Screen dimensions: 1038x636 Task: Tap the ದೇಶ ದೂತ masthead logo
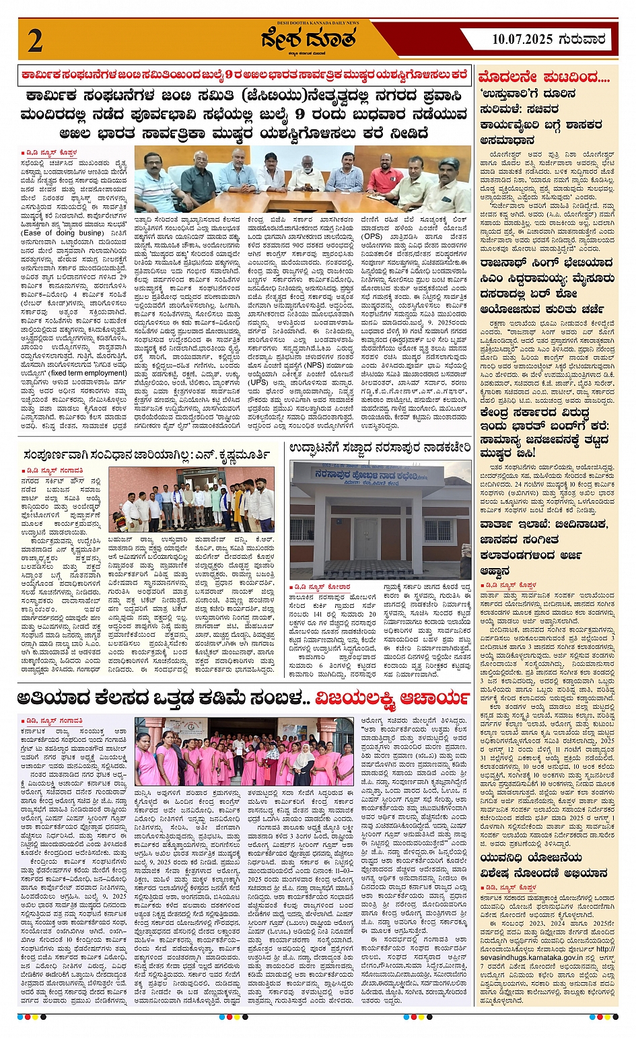[x=319, y=41]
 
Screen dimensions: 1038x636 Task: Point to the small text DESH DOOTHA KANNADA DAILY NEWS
[x=319, y=23]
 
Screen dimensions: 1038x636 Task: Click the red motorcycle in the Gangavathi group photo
[x=119, y=521]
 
